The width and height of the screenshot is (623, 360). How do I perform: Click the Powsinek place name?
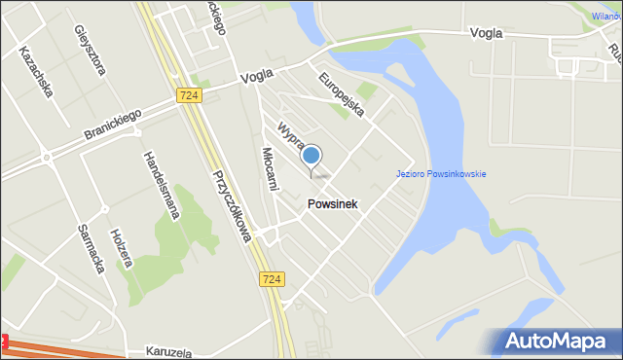(333, 204)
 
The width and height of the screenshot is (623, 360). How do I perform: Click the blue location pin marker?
(311, 156)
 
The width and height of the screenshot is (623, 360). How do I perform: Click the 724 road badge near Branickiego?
(190, 95)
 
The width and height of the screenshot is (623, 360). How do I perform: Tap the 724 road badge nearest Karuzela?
(273, 279)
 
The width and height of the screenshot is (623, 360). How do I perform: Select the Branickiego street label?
(112, 125)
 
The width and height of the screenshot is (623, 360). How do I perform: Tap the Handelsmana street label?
(159, 185)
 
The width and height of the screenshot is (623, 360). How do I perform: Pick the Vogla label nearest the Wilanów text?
(486, 32)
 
